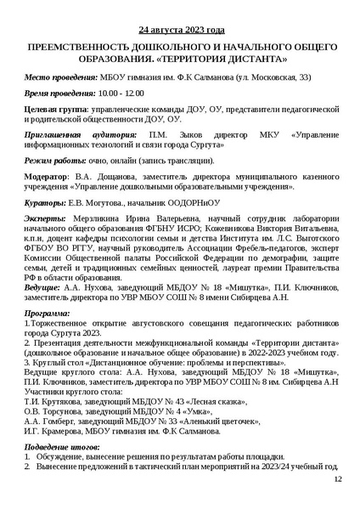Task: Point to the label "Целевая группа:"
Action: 55,110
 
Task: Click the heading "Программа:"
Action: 48,314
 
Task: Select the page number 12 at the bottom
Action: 337,481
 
